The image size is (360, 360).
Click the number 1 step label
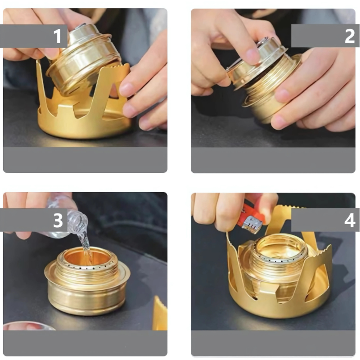[x=58, y=36]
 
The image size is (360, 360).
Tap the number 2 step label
[x=350, y=36]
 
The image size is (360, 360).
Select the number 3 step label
[x=58, y=220]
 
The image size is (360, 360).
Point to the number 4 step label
[x=350, y=220]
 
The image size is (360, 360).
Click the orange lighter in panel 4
[x=250, y=216]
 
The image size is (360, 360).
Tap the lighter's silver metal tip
[x=252, y=225]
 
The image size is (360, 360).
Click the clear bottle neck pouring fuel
[x=77, y=221]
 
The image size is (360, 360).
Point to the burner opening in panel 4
[x=279, y=249]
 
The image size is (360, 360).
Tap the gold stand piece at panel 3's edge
[x=160, y=313]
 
